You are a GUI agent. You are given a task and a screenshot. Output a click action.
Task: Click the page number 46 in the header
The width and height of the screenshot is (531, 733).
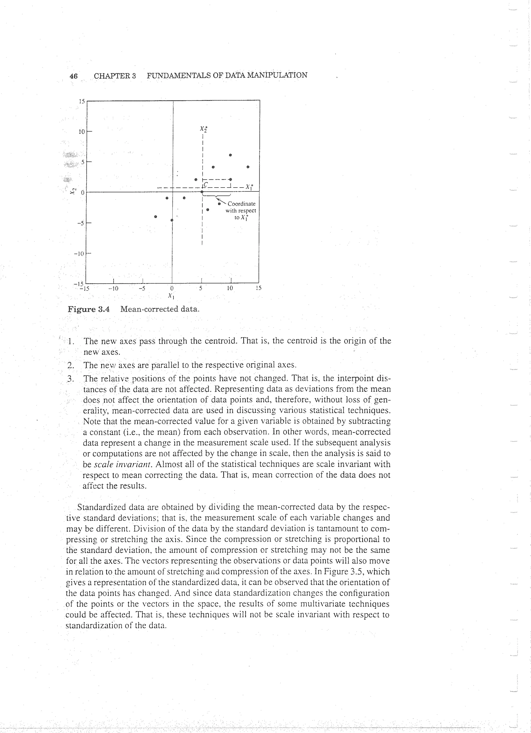[x=74, y=76]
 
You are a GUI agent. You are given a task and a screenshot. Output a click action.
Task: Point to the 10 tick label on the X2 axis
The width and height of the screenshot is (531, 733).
[x=81, y=132]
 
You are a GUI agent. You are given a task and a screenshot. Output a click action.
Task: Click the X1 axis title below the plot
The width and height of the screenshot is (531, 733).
[x=171, y=295]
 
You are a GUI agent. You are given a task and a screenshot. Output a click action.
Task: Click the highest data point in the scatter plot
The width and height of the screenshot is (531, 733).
[x=230, y=155]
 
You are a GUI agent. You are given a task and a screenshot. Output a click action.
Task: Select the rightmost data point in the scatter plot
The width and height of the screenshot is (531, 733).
[x=248, y=167]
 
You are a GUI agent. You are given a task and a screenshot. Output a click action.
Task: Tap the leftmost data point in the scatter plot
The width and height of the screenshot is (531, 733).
[x=156, y=217]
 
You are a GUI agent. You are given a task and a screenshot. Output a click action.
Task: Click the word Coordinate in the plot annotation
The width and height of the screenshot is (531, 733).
[x=241, y=204]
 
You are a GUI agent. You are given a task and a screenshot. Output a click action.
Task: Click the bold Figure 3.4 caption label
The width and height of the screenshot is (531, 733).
[x=88, y=309]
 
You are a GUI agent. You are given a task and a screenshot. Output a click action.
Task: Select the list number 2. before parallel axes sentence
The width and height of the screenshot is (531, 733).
[x=71, y=365]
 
